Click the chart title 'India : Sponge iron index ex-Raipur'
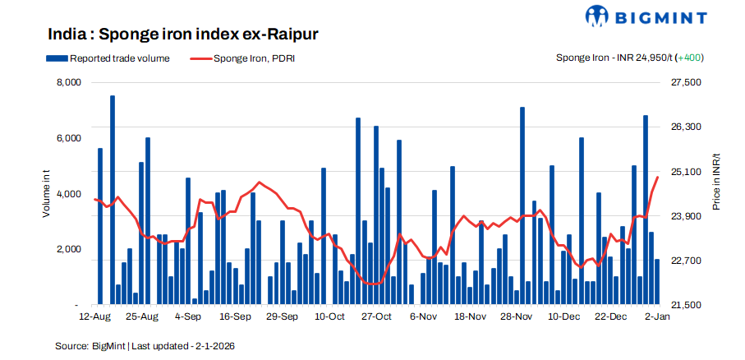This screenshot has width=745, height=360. pyautogui.click(x=182, y=35)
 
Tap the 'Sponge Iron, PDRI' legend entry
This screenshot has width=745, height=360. pyautogui.click(x=253, y=58)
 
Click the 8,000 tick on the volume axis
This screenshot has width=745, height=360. pyautogui.click(x=68, y=83)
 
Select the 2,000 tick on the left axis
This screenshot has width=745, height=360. pyautogui.click(x=68, y=250)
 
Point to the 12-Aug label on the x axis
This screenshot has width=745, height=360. pyautogui.click(x=94, y=316)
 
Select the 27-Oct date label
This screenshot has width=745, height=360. pyautogui.click(x=377, y=316)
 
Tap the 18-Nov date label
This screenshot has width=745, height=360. pyautogui.click(x=471, y=316)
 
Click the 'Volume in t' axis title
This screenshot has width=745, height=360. pyautogui.click(x=47, y=194)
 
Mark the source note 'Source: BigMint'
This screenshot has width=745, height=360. pyautogui.click(x=90, y=346)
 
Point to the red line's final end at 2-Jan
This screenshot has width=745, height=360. pyautogui.click(x=657, y=178)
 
